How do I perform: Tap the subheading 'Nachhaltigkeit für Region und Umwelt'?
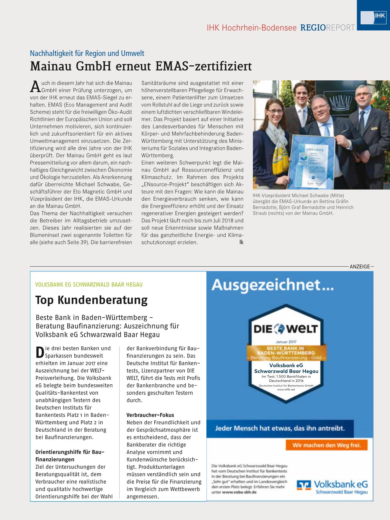[x=87, y=53]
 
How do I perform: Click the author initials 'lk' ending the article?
[x=241, y=242]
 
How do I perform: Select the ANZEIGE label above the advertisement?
[x=360, y=266]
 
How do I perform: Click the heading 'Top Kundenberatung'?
[x=91, y=300]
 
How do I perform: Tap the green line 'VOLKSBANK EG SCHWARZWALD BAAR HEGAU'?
[x=89, y=284]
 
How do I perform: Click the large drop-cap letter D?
[x=40, y=352]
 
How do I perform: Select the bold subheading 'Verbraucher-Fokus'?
[x=150, y=415]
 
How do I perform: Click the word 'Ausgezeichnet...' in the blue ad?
[x=272, y=285]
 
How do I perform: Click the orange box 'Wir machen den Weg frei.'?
[x=326, y=445]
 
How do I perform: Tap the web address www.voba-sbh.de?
[x=239, y=492]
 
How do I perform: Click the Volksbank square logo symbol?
[x=304, y=485]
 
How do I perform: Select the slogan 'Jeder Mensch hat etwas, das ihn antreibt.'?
[x=280, y=428]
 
